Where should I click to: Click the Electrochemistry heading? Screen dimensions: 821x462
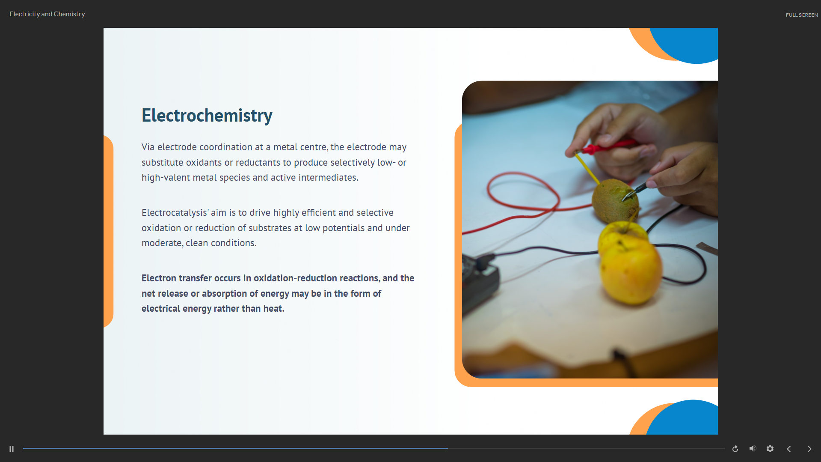pos(207,116)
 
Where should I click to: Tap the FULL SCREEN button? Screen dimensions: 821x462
pos(802,15)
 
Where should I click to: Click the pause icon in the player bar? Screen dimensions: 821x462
pos(12,449)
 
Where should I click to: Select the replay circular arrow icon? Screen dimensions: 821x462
pos(735,449)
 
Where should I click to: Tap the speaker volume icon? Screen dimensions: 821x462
pos(753,448)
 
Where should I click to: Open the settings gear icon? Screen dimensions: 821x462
pos(770,449)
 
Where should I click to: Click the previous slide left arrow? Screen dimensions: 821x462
pos(789,449)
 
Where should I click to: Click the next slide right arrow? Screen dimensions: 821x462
pos(809,449)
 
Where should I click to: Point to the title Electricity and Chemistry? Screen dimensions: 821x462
pos(47,14)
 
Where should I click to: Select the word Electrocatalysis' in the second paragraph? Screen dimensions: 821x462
pos(175,213)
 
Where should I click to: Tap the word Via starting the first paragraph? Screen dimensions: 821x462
pos(148,147)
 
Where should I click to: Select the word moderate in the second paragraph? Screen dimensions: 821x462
pos(162,243)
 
